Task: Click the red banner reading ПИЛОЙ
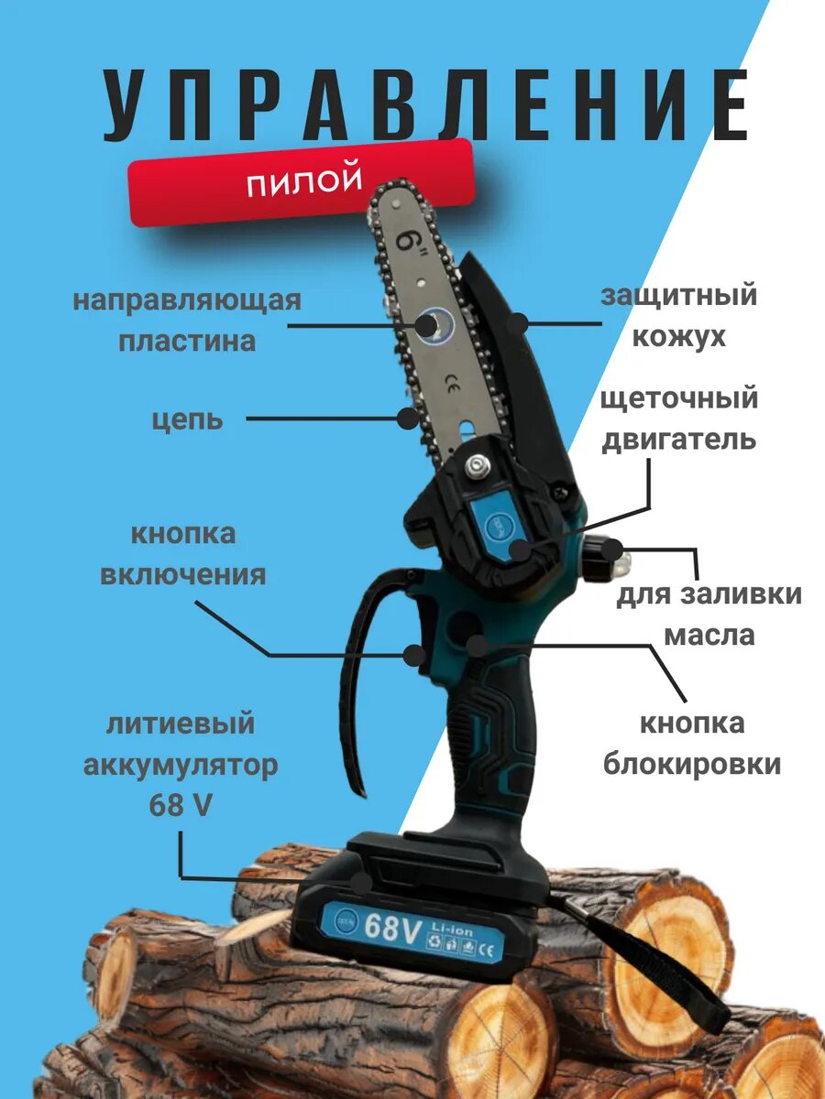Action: [302, 182]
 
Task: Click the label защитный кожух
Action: [678, 316]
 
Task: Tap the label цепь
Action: [187, 419]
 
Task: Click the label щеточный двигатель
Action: [678, 419]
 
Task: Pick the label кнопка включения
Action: [182, 554]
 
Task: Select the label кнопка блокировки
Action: [692, 744]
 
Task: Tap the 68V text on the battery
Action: [392, 928]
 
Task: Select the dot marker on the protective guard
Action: [520, 322]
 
